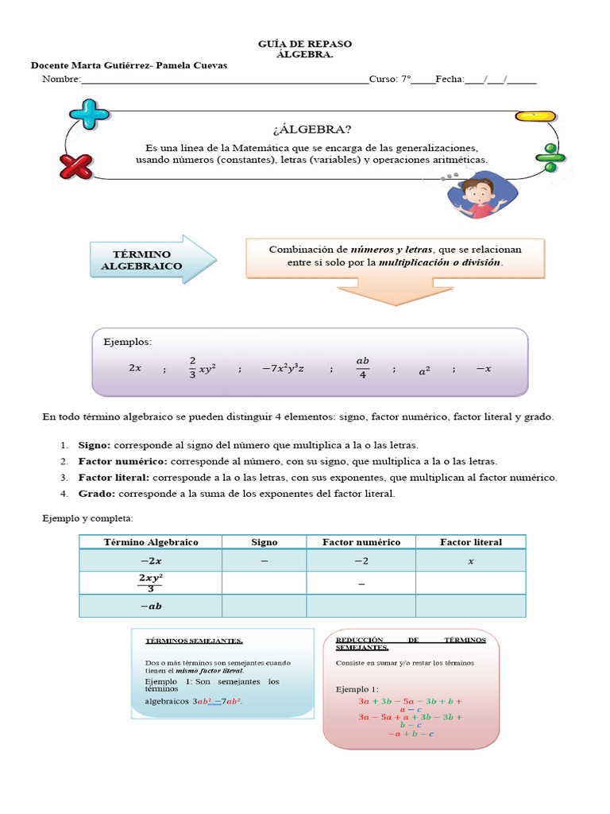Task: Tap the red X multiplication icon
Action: point(77,167)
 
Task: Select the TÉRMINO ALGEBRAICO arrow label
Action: point(141,259)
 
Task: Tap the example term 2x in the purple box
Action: point(135,368)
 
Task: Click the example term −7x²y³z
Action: point(283,368)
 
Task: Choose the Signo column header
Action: point(264,542)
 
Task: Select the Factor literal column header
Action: point(470,542)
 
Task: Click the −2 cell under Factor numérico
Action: point(361,560)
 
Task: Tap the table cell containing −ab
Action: point(150,606)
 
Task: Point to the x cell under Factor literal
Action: point(470,560)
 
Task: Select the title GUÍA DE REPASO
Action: point(305,44)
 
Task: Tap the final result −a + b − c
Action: point(411,734)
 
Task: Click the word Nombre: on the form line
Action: point(61,79)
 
